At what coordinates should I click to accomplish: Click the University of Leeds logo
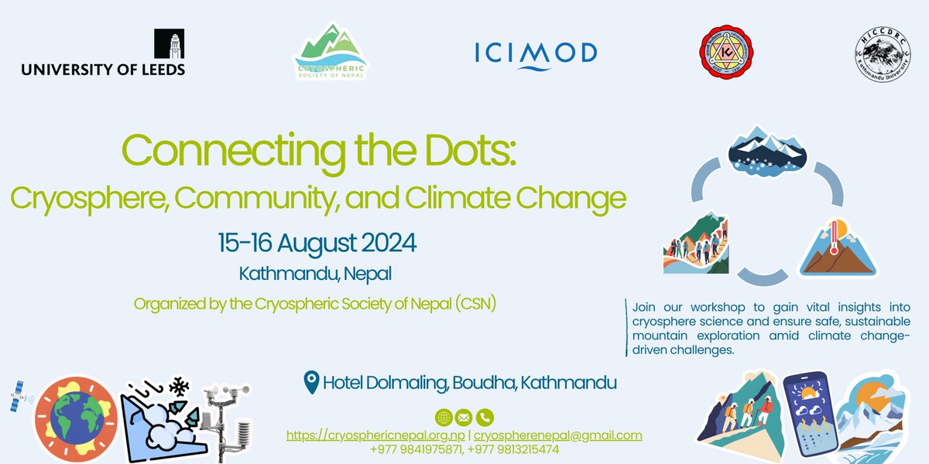103,54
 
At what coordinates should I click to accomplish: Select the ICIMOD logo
536,53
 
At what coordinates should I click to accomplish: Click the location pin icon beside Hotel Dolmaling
311,382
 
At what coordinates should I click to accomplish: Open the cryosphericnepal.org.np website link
375,435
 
